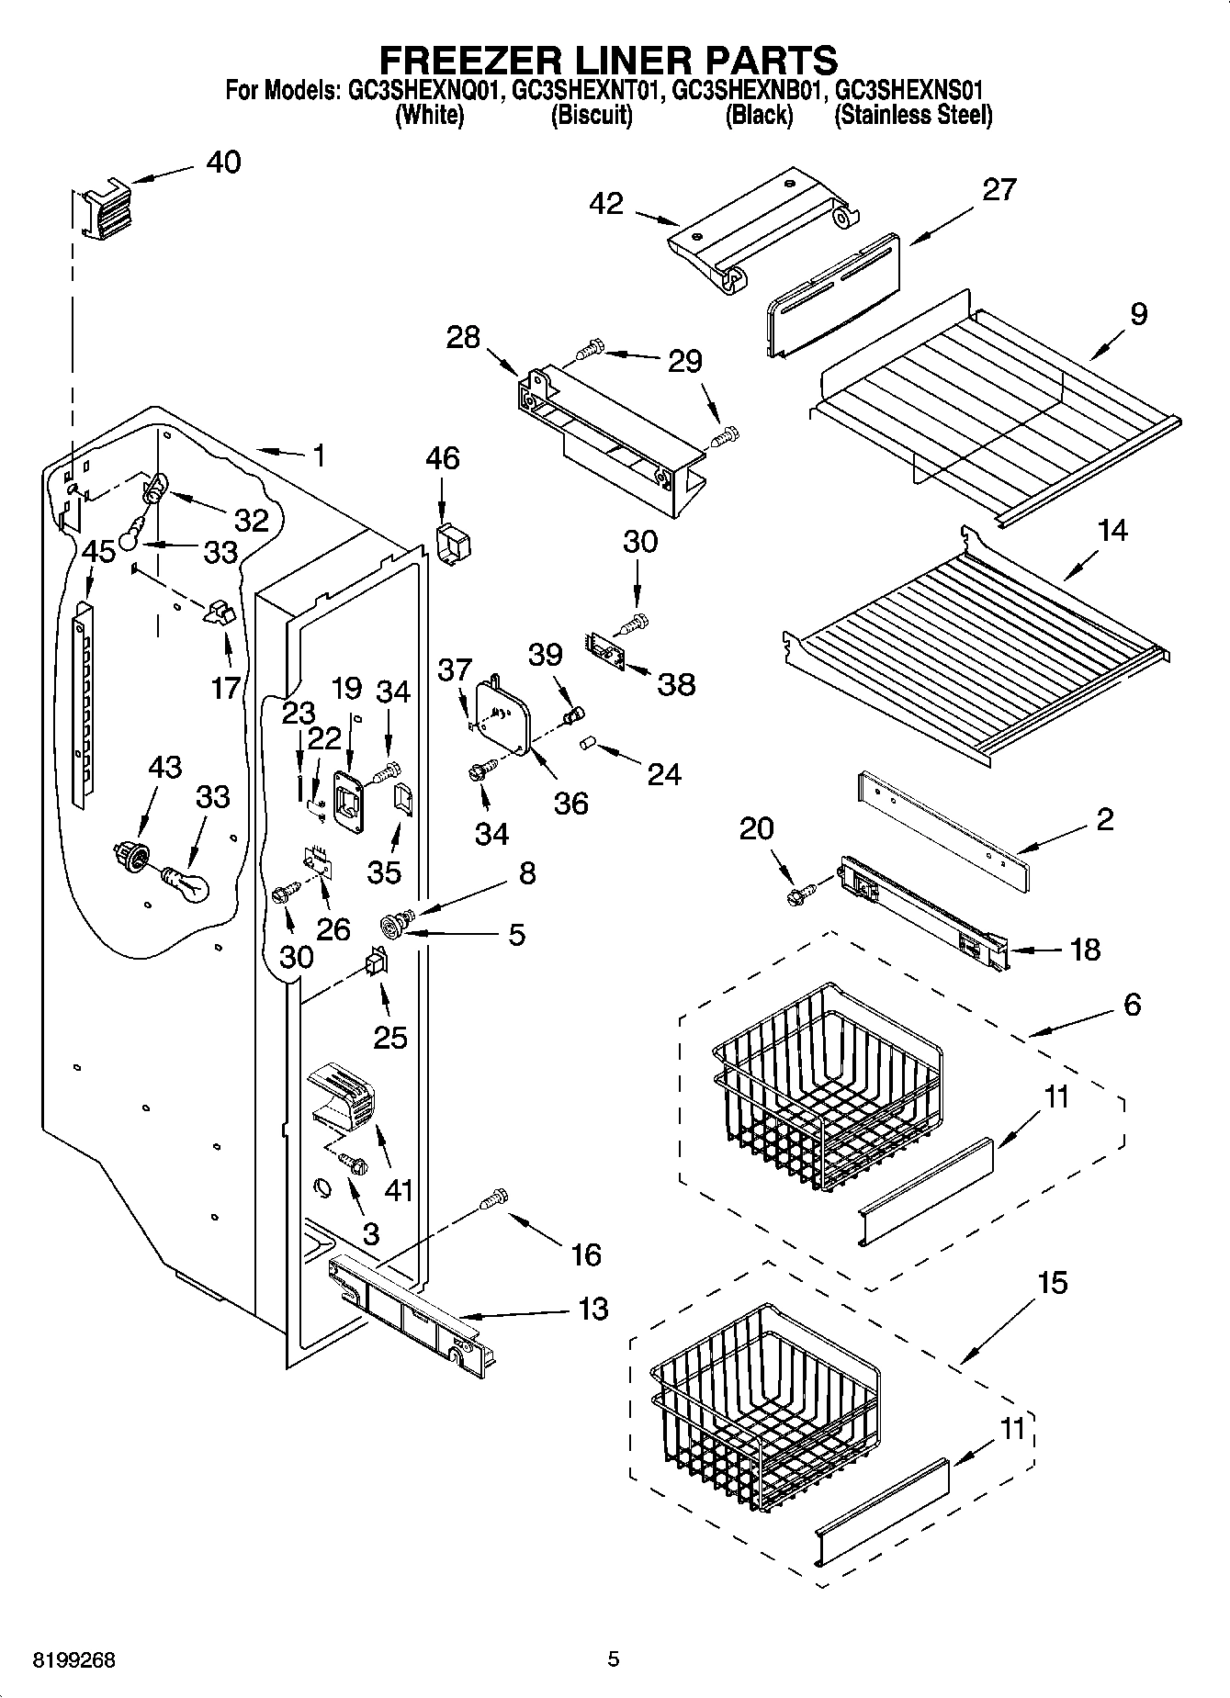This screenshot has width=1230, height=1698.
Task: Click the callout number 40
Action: [x=223, y=162]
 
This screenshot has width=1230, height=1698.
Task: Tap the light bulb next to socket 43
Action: [x=187, y=883]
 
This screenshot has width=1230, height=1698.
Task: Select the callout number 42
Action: [x=607, y=204]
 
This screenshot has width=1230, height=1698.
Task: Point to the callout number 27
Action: [x=999, y=189]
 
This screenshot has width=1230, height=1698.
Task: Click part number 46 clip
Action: [x=453, y=544]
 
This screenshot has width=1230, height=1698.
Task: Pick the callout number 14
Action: [x=1112, y=530]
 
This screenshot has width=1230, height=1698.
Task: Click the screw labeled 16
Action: [x=494, y=1198]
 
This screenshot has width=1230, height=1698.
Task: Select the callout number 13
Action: [x=593, y=1309]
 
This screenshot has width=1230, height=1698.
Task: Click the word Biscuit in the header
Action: [x=591, y=116]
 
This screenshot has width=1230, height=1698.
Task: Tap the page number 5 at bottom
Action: [x=614, y=1659]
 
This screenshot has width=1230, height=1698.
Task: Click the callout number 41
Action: [x=398, y=1189]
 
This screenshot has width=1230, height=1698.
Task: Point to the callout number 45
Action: [x=98, y=552]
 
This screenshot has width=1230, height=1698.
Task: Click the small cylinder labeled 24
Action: [x=588, y=742]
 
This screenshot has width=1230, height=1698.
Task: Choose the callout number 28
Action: [x=463, y=337]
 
